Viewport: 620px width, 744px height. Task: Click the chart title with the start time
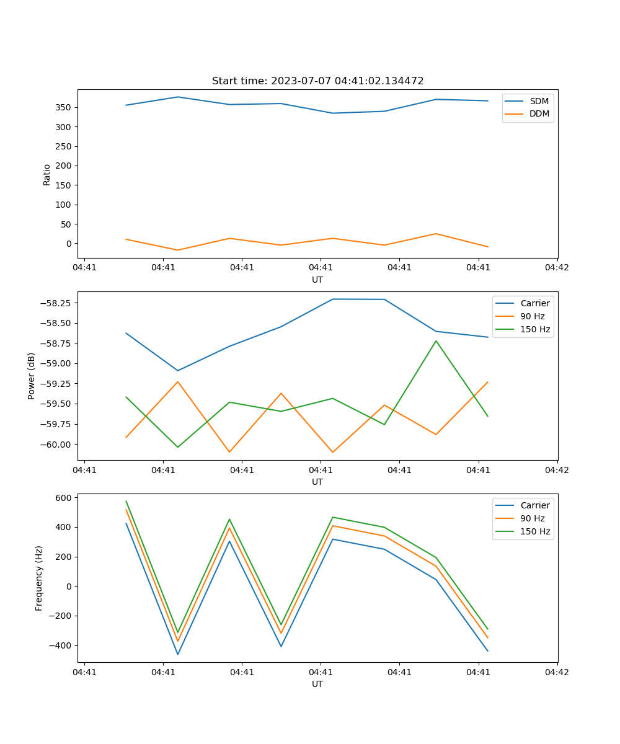[x=317, y=81]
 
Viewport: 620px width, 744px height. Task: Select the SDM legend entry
[x=539, y=101]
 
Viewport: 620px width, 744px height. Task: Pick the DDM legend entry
[x=539, y=113]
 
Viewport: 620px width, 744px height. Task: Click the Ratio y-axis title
[x=47, y=174]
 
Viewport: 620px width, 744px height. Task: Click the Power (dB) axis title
[x=32, y=376]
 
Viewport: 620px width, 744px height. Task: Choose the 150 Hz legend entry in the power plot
[x=535, y=329]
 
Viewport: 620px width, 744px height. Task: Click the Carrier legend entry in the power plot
[x=535, y=303]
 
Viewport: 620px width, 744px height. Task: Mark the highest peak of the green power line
[x=436, y=340]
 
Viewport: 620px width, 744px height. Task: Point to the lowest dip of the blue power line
[x=178, y=371]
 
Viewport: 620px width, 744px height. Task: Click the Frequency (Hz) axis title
[x=39, y=578]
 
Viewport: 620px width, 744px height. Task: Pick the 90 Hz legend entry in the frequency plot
[x=533, y=518]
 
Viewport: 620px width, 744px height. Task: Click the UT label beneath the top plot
[x=317, y=280]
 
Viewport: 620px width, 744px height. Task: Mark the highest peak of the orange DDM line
[x=436, y=234]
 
